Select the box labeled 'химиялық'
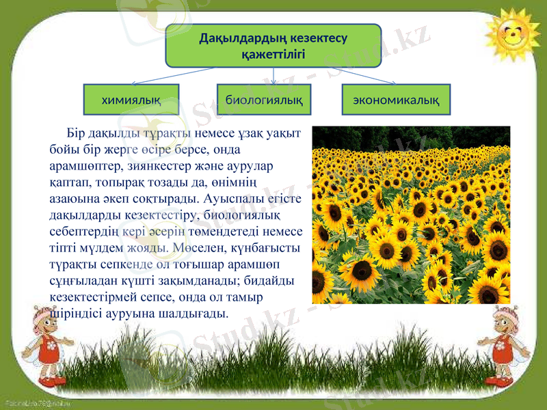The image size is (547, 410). tap(131, 100)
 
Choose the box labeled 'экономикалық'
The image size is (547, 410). tap(396, 100)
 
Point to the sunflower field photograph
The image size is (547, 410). tap(411, 215)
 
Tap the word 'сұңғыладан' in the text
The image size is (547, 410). tap(82, 281)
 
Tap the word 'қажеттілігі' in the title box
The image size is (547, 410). tap(273, 53)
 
